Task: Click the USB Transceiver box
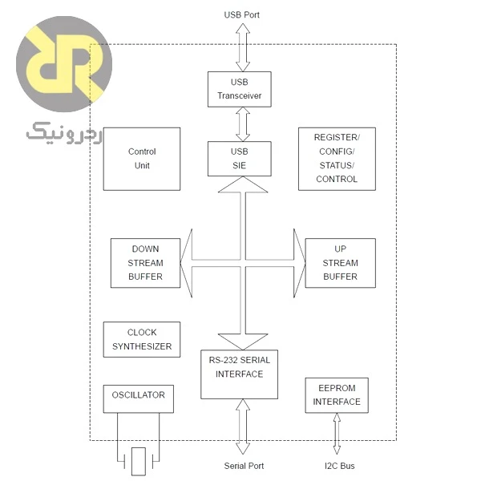239,89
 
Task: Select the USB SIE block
239,159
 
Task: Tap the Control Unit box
142,159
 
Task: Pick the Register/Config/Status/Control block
337,159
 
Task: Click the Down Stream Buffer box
145,263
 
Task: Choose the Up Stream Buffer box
340,263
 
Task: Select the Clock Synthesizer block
142,339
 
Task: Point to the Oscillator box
139,398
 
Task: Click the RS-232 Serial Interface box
239,374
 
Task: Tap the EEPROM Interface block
337,395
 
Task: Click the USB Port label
242,14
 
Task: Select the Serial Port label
244,466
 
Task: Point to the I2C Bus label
340,466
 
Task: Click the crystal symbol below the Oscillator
139,461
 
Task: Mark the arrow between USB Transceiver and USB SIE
243,124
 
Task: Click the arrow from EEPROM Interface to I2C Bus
337,434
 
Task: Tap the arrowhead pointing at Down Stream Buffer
186,263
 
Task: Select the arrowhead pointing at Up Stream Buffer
299,263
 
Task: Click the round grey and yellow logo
64,64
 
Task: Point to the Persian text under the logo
64,134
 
